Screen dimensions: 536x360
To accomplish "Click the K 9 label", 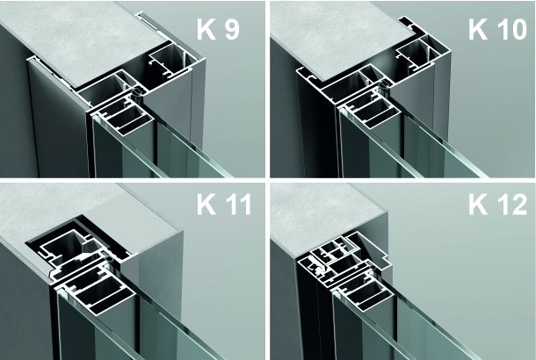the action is click(x=218, y=29).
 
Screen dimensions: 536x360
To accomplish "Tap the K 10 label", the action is click(x=497, y=29).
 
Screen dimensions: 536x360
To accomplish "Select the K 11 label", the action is click(x=224, y=205).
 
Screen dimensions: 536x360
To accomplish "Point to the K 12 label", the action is click(x=497, y=205).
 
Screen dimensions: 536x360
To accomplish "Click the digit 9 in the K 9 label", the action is click(x=231, y=29).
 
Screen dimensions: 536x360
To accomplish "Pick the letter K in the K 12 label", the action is click(x=478, y=205).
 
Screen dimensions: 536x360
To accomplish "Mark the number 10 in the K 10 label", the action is click(x=511, y=29).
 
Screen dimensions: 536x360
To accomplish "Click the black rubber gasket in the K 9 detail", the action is click(x=138, y=93).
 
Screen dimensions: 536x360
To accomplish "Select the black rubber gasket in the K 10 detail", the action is click(x=386, y=83).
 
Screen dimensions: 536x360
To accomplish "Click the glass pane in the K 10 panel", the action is click(x=427, y=147).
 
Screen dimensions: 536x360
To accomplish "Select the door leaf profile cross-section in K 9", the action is click(x=126, y=116).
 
